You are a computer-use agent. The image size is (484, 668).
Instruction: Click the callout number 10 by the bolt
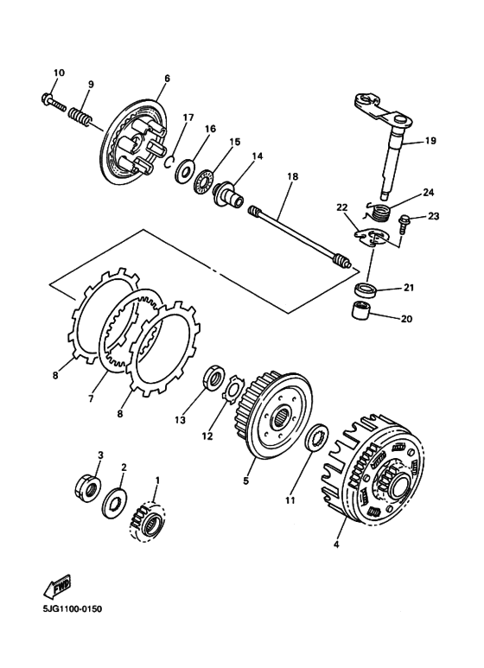click(x=59, y=73)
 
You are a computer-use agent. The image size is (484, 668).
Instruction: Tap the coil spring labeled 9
click(x=80, y=114)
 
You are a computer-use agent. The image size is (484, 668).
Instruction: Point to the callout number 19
click(x=430, y=139)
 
